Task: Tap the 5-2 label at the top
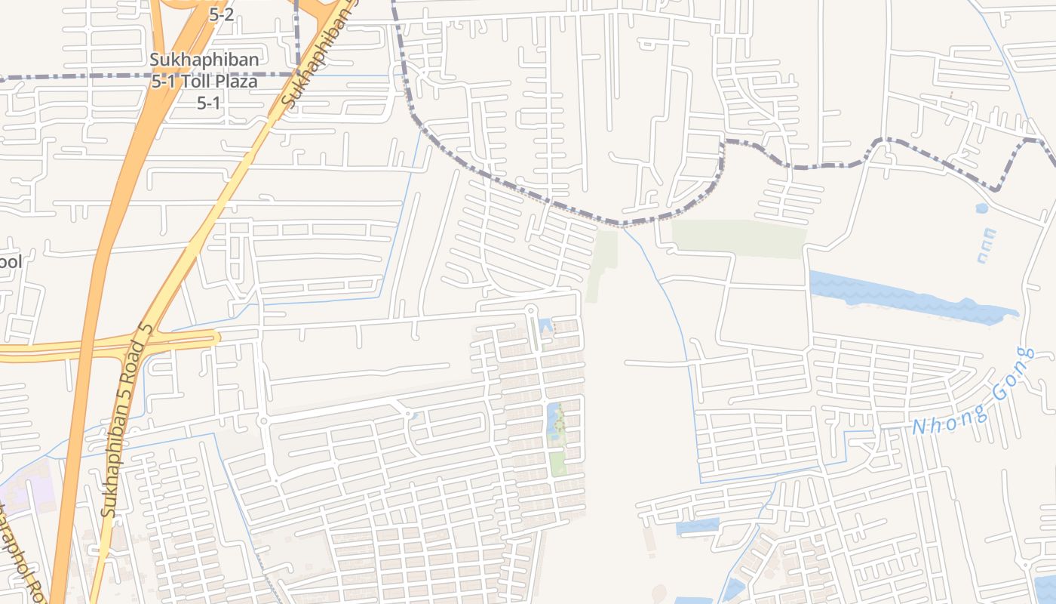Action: (220, 14)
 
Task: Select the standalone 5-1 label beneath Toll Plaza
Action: (208, 103)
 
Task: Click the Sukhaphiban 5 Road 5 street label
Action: (128, 421)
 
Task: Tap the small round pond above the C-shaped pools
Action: (981, 208)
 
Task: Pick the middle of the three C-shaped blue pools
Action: (986, 246)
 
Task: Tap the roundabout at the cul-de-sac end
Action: (530, 310)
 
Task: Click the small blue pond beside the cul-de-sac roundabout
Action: (545, 327)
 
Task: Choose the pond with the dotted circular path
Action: (557, 423)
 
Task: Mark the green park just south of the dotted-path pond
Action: (557, 462)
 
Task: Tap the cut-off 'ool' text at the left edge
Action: (10, 262)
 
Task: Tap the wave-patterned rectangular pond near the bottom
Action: (697, 526)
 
